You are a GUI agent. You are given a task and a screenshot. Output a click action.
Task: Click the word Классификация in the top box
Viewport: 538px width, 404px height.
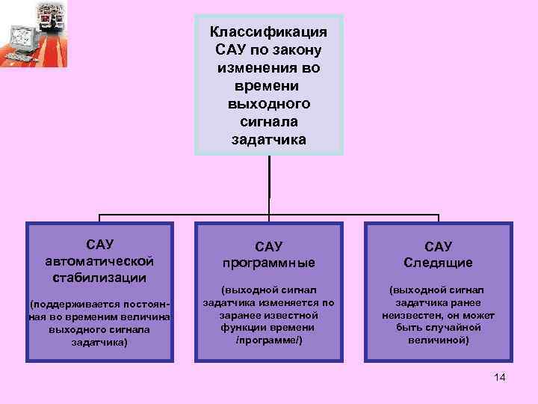[x=268, y=32]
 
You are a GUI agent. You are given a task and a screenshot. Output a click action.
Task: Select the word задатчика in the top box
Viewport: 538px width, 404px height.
[x=268, y=140]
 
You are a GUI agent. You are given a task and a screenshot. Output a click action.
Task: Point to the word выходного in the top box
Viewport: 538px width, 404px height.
[x=268, y=104]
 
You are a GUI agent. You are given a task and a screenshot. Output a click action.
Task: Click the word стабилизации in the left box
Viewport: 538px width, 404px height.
[x=99, y=278]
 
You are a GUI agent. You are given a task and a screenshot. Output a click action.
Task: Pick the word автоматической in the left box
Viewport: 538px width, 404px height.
[x=99, y=260]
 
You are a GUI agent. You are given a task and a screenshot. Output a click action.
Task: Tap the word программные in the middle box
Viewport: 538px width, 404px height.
[x=268, y=263]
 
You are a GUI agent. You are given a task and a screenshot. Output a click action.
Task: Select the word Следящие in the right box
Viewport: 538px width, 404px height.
[x=438, y=263]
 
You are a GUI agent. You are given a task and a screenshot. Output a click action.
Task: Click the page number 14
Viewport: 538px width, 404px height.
[x=500, y=377]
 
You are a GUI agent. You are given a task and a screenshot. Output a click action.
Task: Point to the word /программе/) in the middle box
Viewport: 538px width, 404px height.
[x=268, y=340]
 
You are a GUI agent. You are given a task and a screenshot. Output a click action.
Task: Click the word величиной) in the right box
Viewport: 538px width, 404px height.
[x=438, y=340]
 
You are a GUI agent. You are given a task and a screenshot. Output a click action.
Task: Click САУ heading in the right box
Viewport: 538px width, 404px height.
[x=438, y=246]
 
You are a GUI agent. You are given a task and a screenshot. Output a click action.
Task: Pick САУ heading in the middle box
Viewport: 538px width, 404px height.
[x=268, y=246]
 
